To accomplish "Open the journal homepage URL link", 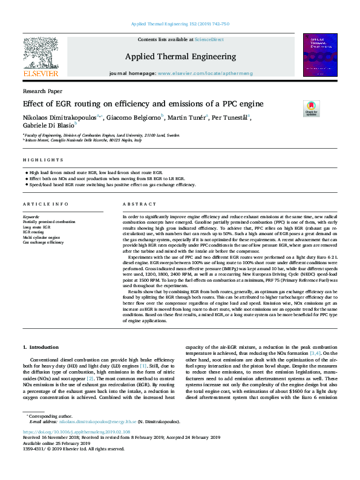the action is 205,73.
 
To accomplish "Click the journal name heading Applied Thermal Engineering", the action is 180,56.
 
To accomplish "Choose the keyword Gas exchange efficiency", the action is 43,242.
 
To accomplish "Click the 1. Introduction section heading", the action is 42,347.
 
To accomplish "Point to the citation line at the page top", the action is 180,24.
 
